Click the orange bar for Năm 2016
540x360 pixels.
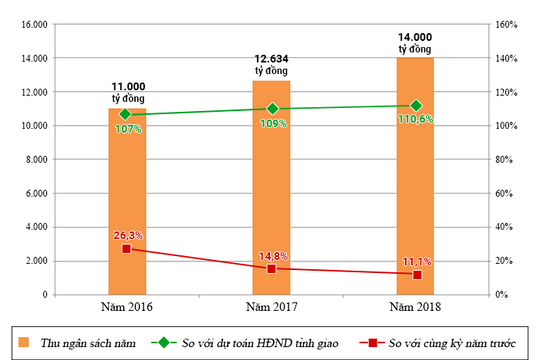point(127,200)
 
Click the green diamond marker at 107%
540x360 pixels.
point(127,114)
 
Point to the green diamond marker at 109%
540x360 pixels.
point(271,109)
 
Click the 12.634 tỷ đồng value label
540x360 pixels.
point(270,64)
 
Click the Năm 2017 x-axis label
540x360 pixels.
point(271,306)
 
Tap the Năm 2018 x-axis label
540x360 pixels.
point(415,306)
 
